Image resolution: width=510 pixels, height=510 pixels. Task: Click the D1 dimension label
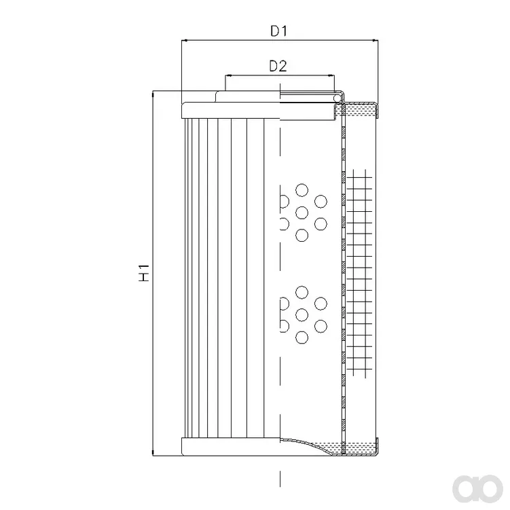279,31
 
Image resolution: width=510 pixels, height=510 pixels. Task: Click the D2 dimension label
278,67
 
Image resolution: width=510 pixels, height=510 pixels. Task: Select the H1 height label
144,273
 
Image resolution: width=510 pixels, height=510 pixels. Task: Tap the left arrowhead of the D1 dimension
184,41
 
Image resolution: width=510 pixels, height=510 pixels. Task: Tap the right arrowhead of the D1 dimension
375,41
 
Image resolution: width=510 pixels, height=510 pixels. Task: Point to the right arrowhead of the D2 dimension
331,76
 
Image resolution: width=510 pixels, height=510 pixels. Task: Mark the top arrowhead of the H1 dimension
153,94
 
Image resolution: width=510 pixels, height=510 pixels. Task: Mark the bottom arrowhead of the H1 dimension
153,452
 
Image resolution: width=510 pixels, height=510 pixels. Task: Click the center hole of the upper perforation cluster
302,213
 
